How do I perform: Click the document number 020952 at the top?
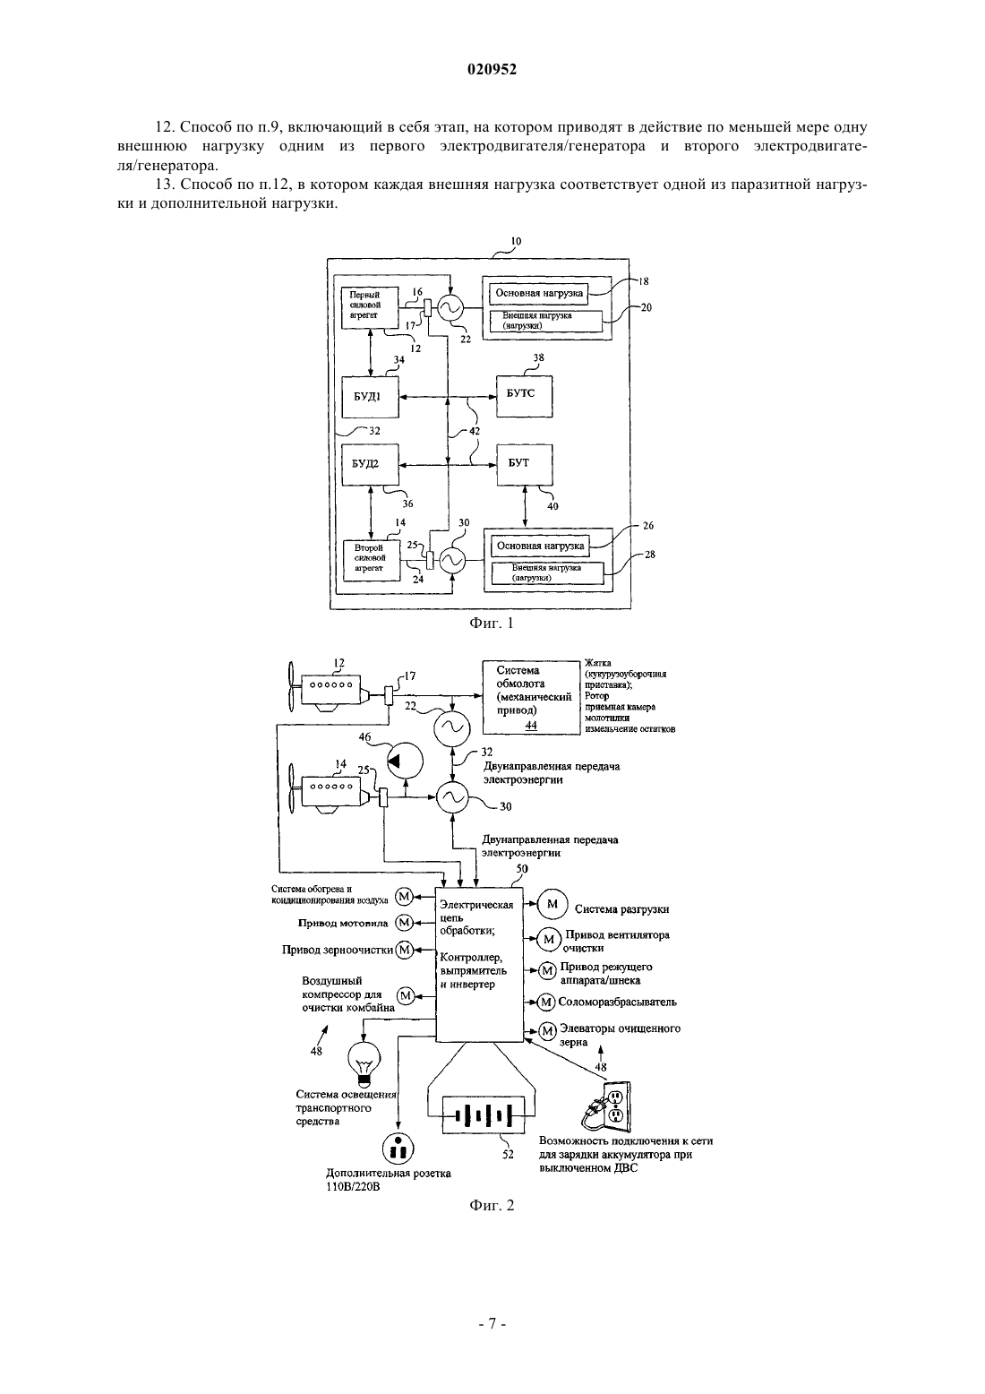tap(492, 69)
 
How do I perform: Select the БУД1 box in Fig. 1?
tap(370, 396)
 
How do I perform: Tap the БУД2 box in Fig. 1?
tap(370, 465)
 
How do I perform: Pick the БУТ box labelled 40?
tap(524, 465)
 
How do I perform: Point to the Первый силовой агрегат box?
tap(369, 306)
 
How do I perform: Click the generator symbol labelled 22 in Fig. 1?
tap(450, 307)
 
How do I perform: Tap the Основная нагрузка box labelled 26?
tap(540, 546)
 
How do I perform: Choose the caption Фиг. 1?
tap(492, 623)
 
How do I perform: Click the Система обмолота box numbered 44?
tap(531, 698)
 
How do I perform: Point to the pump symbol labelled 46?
tap(404, 761)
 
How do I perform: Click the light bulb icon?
tap(364, 1063)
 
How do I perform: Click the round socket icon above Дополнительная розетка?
tap(398, 1148)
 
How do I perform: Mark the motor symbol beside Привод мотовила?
tap(405, 922)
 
